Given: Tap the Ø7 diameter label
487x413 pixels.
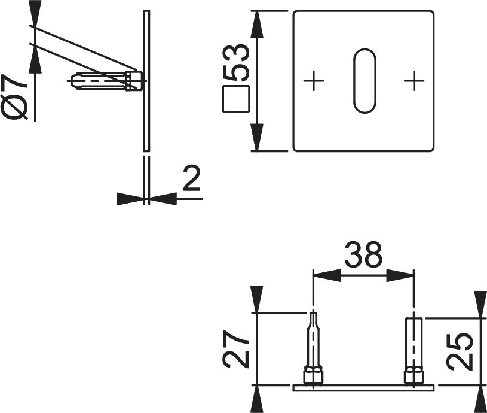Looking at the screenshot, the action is point(15,98).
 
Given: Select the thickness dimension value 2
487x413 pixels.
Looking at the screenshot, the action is point(191,178).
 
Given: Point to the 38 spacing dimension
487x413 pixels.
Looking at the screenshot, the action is point(364,255).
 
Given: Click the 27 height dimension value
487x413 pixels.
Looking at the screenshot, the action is point(236,349).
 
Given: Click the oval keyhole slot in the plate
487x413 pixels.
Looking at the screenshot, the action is point(365,81).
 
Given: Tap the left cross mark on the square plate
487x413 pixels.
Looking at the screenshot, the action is point(314,81).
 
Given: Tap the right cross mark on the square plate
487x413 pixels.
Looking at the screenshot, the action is point(414,81).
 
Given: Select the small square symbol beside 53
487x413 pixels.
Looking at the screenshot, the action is point(236,99).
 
